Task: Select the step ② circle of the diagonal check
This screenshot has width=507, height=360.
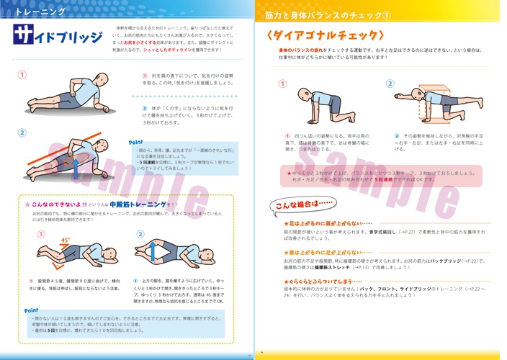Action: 390,83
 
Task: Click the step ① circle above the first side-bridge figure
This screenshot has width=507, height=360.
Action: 22,74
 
